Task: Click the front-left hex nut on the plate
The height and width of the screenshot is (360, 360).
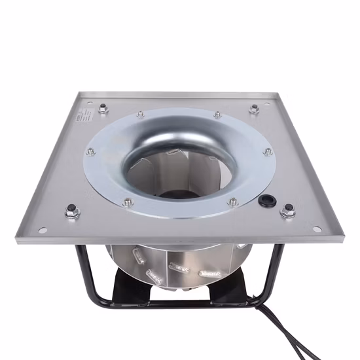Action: point(73,211)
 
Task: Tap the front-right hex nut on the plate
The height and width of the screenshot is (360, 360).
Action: point(287,211)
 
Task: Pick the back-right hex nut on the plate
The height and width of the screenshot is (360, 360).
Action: point(254,109)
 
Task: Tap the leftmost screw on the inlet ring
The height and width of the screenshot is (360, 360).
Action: point(90,151)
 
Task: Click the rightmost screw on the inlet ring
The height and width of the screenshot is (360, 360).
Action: point(268,151)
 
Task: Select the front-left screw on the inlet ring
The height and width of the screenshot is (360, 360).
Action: point(128,202)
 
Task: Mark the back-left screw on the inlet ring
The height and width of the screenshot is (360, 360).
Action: point(140,115)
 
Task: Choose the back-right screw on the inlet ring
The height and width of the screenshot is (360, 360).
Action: point(217,115)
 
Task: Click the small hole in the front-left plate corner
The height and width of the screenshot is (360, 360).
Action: point(43,230)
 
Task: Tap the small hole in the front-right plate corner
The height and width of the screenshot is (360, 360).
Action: point(317,229)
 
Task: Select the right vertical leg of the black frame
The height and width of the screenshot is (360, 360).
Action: point(278,268)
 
